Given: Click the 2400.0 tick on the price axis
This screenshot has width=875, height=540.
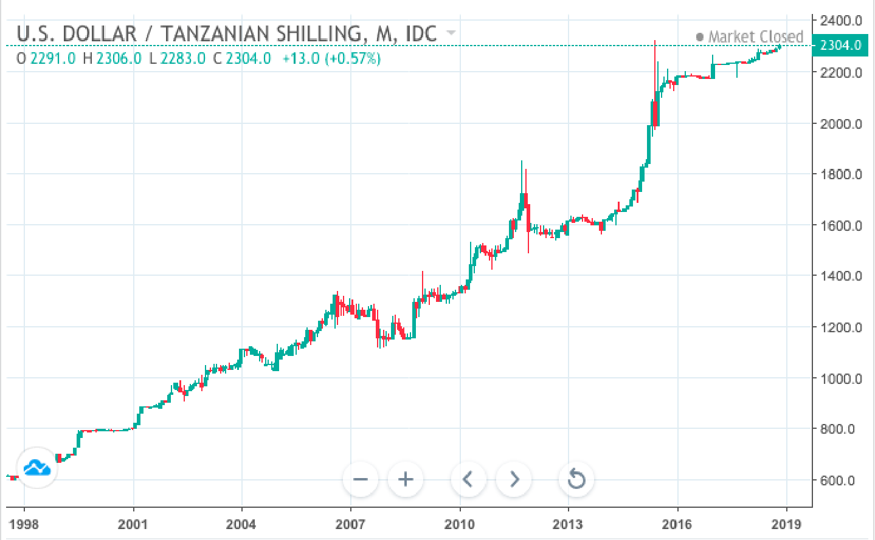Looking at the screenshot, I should (840, 21).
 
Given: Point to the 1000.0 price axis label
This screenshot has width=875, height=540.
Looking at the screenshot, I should (840, 378).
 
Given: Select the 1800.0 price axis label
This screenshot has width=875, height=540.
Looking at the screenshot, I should (840, 174).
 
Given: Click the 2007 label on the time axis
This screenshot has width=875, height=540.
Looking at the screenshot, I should (350, 524).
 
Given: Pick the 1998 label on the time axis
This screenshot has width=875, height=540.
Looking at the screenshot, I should (24, 524).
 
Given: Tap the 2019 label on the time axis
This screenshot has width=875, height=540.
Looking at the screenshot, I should (786, 524).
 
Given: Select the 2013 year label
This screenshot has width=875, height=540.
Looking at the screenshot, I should (568, 524).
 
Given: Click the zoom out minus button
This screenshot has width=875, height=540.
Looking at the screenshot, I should (361, 479).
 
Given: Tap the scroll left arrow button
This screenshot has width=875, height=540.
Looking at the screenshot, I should (468, 479).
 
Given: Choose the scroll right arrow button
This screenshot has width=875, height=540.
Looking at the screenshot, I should (514, 479).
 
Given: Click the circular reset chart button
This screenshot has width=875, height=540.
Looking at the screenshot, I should (576, 479).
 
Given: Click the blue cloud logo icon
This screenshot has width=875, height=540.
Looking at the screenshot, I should (37, 468).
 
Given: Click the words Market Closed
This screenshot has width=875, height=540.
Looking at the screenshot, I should (755, 37).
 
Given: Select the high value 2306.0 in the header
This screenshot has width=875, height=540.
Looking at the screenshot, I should (119, 58).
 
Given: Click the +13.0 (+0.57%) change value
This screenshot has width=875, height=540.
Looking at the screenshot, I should (331, 58).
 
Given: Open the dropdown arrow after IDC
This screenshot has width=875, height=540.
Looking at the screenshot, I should (451, 32).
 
